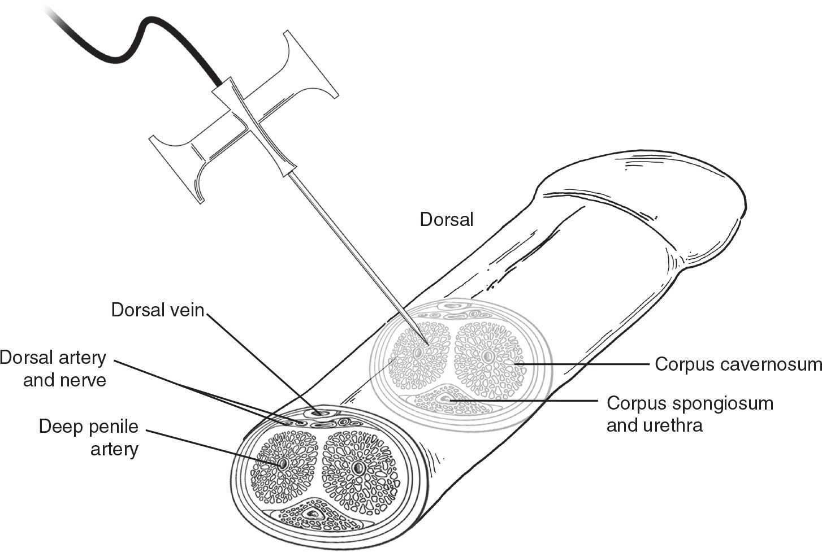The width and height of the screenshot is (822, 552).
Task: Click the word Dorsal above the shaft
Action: (446, 220)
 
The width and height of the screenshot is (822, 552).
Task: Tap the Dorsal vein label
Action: (157, 310)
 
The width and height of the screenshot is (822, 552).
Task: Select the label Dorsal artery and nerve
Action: (53, 368)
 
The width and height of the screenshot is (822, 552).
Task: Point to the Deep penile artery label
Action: (89, 438)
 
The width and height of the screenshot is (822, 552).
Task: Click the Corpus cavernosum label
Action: (738, 364)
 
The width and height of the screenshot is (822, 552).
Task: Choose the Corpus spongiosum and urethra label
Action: (690, 414)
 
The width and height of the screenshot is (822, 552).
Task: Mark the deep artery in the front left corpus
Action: (283, 464)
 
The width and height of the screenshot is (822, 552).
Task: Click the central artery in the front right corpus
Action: (357, 468)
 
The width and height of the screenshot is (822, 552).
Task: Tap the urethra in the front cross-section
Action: (312, 515)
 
